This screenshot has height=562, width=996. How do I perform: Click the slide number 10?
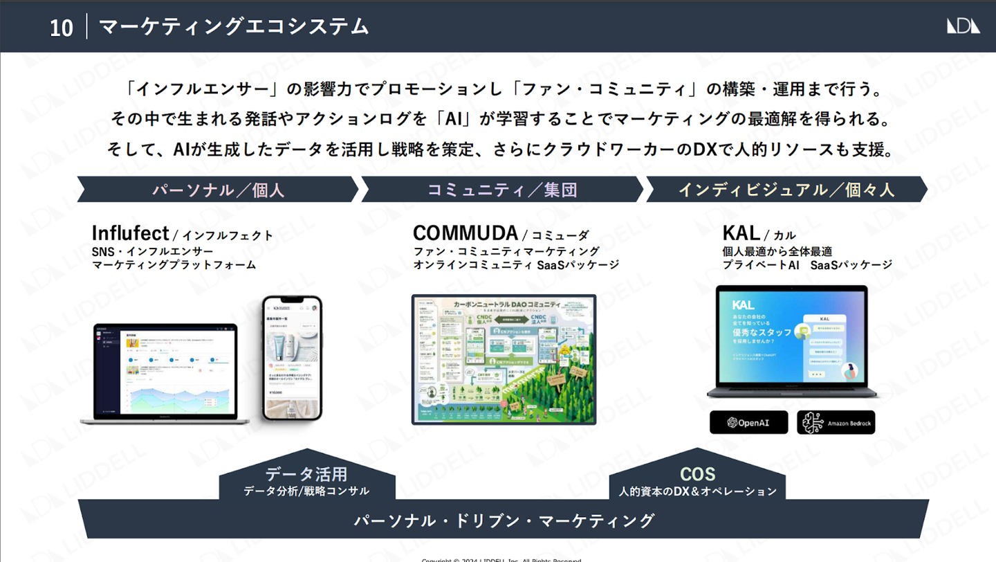point(62,28)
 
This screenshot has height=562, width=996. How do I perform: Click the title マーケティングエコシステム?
point(234,26)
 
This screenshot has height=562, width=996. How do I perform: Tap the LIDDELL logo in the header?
point(963,26)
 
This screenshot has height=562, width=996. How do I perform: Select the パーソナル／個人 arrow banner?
point(218,190)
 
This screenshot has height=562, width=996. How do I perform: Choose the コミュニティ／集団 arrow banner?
point(502,190)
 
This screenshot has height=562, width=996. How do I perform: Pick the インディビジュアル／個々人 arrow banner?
point(786,190)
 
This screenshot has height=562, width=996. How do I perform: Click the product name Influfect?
point(130,233)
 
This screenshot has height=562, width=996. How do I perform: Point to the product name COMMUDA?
point(465,233)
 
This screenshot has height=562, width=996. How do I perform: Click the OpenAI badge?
point(748,422)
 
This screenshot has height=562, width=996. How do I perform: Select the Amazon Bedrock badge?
point(836,422)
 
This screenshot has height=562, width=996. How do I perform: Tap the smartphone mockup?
point(292,358)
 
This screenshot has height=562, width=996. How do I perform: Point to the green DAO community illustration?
point(504,359)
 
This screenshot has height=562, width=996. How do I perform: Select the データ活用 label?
point(306,474)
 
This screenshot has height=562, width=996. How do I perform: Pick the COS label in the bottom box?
point(697,474)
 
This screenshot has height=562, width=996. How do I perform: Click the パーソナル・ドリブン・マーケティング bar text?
point(504,520)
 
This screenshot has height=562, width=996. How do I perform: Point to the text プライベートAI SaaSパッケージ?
point(807,265)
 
